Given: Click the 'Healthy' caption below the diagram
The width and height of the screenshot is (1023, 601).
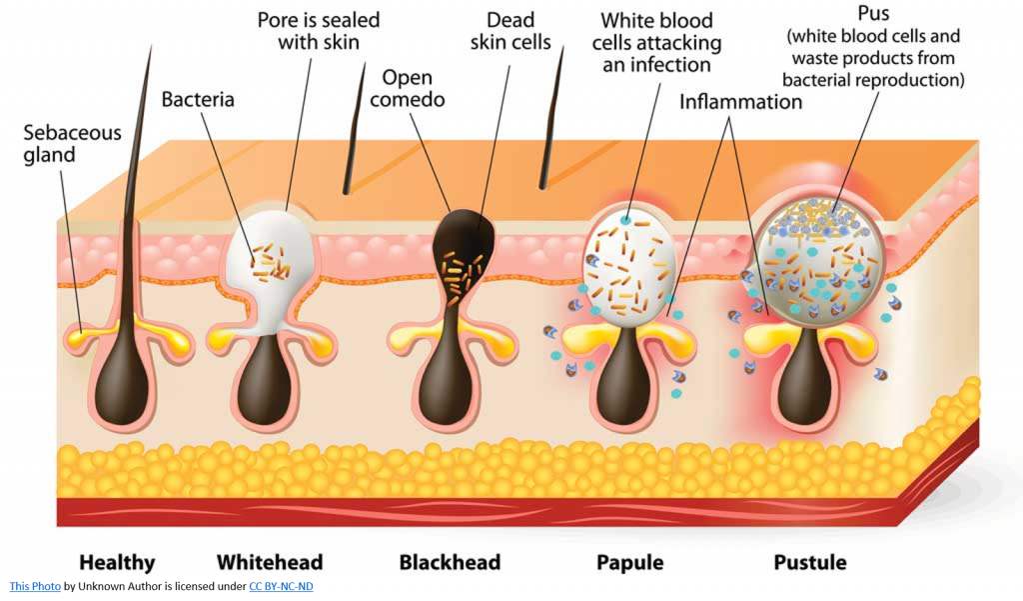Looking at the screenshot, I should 117,562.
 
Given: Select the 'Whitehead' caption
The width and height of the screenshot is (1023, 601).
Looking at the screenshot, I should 270,562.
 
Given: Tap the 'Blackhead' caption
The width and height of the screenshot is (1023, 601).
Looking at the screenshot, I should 450,562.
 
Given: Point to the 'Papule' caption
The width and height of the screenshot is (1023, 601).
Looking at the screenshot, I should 629,562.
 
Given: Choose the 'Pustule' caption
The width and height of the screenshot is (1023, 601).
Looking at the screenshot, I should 809,562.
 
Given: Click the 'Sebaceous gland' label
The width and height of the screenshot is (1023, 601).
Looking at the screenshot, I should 72,144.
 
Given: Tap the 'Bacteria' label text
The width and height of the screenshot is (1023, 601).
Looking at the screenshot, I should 198,100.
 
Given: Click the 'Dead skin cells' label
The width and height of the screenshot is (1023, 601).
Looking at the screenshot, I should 511,31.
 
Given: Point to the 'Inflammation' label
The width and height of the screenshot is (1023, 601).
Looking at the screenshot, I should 740,102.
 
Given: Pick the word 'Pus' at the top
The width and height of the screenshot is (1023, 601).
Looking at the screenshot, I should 873,16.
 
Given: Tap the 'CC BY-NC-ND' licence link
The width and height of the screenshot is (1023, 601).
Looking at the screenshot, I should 281,587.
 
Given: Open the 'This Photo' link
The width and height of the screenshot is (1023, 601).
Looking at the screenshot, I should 35,587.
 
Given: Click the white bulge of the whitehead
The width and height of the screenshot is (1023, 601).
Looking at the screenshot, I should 270,250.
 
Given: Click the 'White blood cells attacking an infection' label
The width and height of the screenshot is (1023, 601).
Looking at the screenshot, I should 656,42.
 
